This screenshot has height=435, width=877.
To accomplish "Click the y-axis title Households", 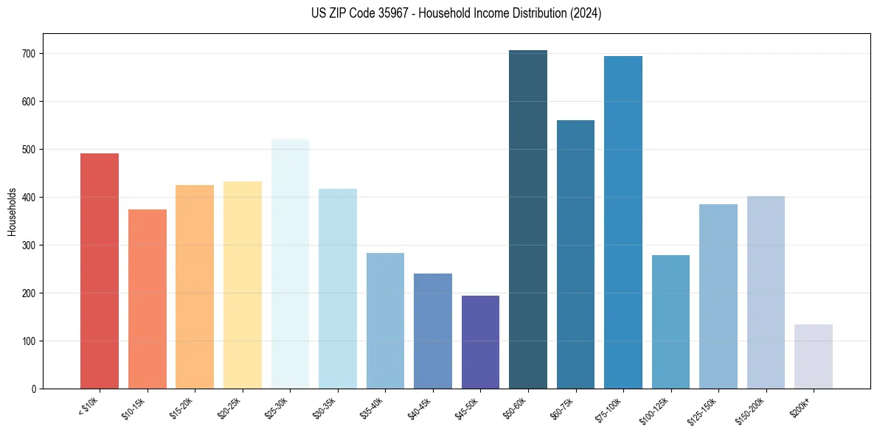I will [x=13, y=211].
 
